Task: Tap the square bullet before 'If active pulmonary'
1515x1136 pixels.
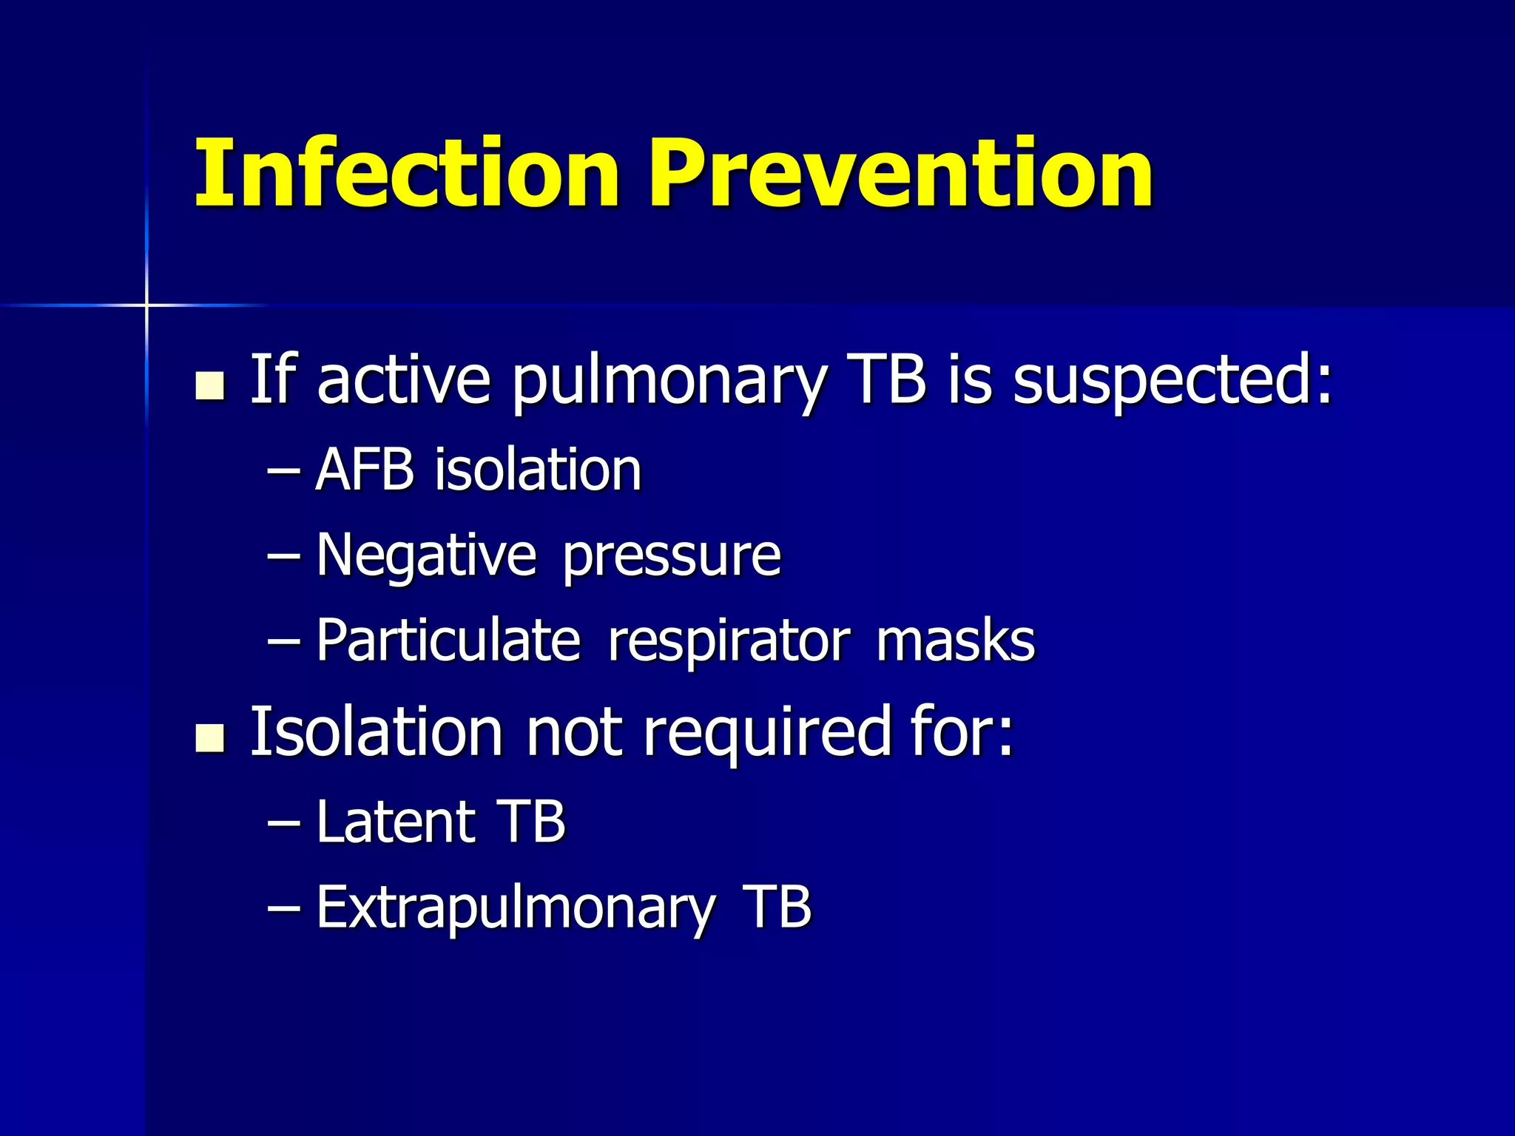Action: pos(210,385)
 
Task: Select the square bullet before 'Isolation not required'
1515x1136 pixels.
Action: pos(210,737)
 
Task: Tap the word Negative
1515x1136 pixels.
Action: pos(426,556)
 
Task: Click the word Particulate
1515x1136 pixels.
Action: pos(448,640)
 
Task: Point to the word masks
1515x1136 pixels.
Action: pos(955,640)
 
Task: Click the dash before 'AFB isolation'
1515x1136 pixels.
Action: pos(283,471)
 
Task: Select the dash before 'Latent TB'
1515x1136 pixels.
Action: pos(283,822)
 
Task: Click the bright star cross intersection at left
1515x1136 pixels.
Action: pos(146,304)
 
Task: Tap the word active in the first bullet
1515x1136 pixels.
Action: pos(404,381)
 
